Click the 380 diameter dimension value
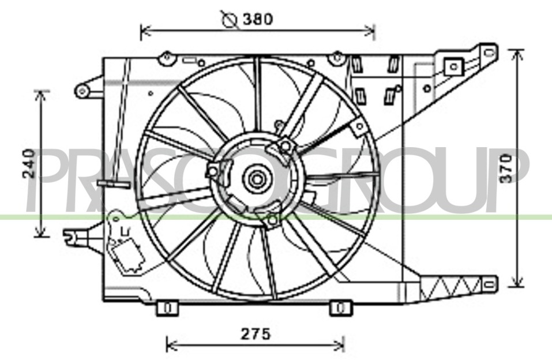(x=257, y=20)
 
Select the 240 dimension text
(x=29, y=163)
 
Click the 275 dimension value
(x=256, y=334)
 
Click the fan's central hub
(x=257, y=179)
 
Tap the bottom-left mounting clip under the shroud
(x=167, y=308)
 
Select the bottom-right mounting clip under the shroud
(x=340, y=308)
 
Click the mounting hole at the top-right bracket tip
(x=490, y=53)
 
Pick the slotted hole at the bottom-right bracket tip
(x=489, y=284)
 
